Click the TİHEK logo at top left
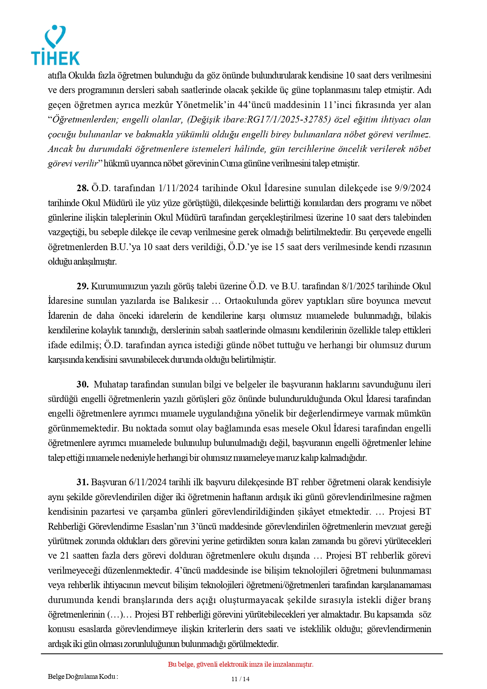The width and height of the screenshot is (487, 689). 55,46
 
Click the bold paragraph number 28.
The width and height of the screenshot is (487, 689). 82,188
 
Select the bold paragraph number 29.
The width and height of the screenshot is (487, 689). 82,286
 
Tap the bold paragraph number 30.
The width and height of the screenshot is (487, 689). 82,384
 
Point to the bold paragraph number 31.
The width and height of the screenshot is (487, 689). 82,482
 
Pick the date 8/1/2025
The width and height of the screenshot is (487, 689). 358,286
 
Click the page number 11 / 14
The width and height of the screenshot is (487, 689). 240,679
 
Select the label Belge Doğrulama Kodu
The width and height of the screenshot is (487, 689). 82,676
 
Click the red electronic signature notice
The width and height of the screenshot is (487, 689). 240,664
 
